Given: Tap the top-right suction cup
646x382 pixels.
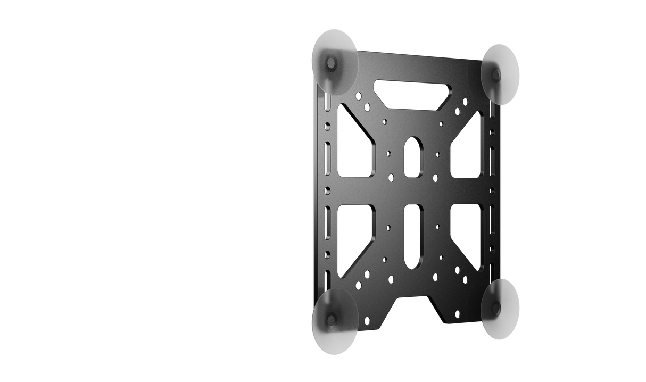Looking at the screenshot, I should point(501,73).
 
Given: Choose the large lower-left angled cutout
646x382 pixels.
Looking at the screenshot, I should point(351,237).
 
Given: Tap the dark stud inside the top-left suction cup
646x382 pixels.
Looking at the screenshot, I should point(331,64).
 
